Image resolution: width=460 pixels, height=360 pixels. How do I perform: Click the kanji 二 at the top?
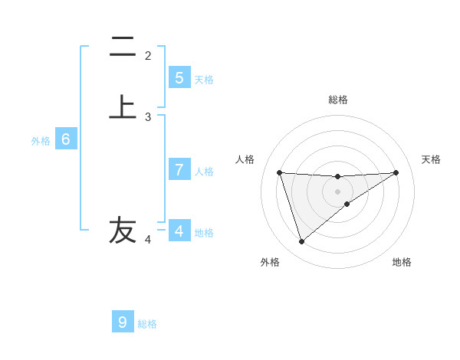[123, 47]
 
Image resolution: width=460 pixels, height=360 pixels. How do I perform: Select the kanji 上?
[123, 107]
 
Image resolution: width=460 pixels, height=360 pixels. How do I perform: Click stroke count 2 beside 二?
[148, 55]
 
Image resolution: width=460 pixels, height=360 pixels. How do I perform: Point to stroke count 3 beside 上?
[148, 117]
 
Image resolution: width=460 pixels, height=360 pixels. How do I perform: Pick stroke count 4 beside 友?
[148, 240]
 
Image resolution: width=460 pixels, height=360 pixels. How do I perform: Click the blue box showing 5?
[179, 78]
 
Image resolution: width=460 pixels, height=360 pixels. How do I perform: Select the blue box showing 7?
[179, 170]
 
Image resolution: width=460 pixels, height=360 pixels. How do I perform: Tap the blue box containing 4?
[179, 231]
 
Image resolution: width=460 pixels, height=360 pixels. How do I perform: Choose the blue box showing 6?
[66, 139]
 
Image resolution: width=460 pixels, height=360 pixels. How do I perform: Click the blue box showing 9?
[123, 322]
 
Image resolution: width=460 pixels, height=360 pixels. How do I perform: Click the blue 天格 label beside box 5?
[204, 80]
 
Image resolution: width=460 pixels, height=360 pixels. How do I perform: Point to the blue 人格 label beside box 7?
[204, 172]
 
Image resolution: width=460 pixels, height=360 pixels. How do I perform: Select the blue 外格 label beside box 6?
[40, 141]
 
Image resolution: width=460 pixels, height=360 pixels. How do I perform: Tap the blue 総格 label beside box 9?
[147, 324]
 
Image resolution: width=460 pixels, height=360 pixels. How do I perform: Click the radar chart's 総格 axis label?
[338, 100]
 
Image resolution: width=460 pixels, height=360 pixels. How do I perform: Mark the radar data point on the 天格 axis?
[396, 172]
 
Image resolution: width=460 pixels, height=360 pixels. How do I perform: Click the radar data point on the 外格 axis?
[301, 242]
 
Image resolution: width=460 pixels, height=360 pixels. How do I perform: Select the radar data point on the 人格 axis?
[280, 172]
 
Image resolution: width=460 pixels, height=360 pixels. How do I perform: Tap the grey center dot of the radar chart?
[338, 191]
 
